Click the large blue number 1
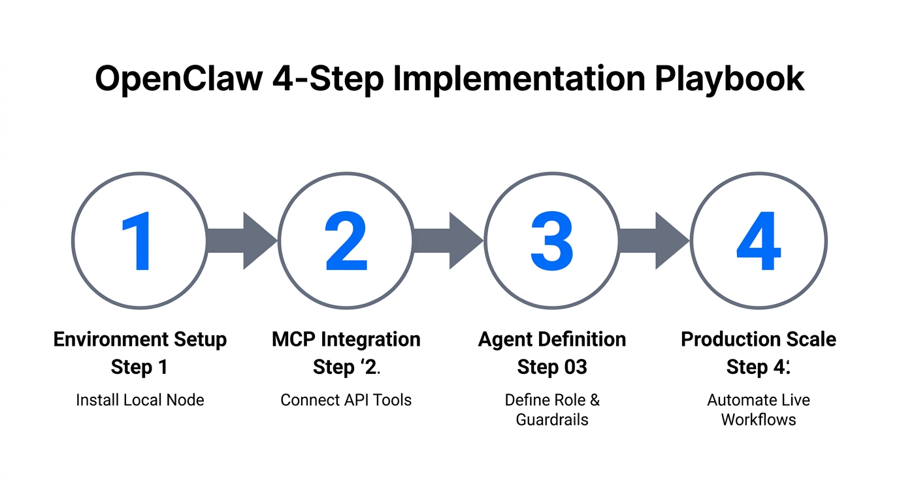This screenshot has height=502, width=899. point(138,241)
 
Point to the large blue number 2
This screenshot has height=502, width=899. point(346,241)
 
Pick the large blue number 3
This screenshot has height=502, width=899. point(551,241)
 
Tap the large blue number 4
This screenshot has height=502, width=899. point(759,241)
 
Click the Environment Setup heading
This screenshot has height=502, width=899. point(140,340)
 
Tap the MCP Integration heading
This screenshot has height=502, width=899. point(346,340)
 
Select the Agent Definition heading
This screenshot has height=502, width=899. point(552,340)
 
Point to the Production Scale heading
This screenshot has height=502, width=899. point(759,340)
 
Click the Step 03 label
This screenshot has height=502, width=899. point(552,367)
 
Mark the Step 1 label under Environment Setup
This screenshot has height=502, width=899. point(139,367)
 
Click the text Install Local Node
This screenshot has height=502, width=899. point(140,400)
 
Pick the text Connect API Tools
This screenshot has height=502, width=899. point(346,400)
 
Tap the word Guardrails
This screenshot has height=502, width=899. point(552,420)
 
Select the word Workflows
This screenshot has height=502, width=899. point(759,420)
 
